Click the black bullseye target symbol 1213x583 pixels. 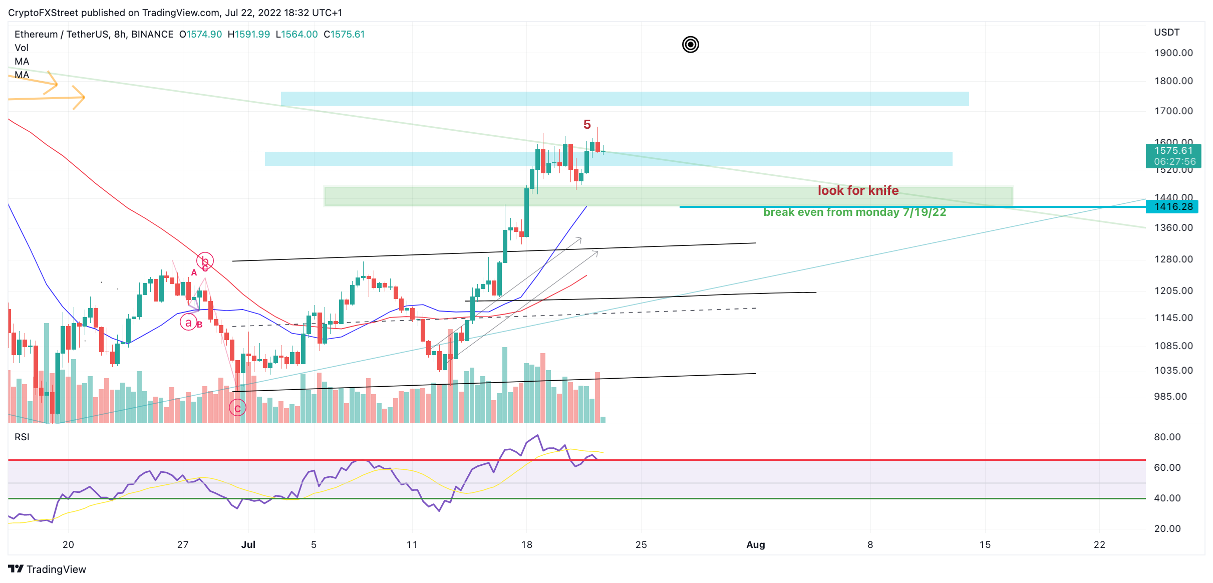pos(690,45)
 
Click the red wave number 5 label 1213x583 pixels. pos(587,124)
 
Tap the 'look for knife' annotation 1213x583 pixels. pos(858,190)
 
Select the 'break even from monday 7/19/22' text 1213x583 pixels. pos(854,212)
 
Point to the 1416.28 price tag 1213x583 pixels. pos(1173,206)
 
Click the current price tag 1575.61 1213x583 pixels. pos(1173,151)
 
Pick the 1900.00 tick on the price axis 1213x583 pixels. pos(1173,53)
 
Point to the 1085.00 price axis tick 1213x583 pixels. pos(1173,346)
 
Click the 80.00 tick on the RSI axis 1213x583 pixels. pos(1167,437)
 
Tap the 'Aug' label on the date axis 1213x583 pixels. pos(755,544)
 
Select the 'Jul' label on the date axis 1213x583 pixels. pos(248,544)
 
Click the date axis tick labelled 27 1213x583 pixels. pos(183,544)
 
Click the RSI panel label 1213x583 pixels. pos(22,437)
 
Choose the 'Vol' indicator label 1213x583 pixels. pos(22,48)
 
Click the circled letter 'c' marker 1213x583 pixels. pos(237,408)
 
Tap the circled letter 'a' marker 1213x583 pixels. pos(188,322)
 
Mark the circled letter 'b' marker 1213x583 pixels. pos(205,260)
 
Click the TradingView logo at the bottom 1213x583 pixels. pos(47,569)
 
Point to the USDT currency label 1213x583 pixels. pos(1166,32)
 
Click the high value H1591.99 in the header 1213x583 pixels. pos(248,34)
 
